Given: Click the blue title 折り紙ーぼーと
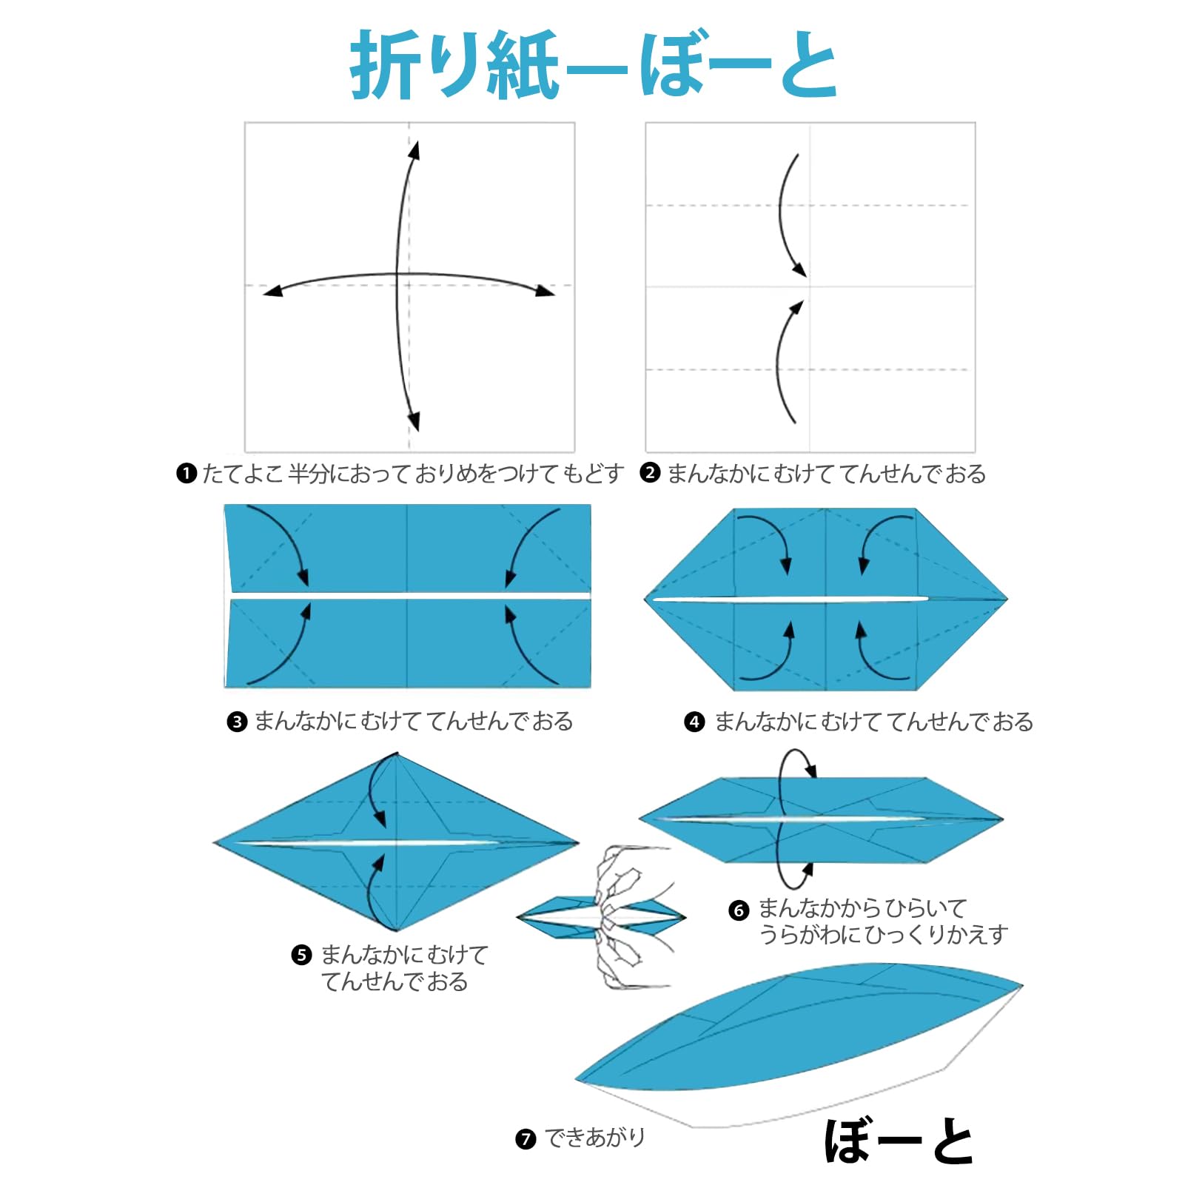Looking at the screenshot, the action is [x=594, y=65].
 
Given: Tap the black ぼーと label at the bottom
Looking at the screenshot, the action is [x=899, y=1141].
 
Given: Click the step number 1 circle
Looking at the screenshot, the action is [x=187, y=473].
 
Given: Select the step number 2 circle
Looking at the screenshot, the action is [x=650, y=473].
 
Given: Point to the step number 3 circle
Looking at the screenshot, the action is [x=237, y=722].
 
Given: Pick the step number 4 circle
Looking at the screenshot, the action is [x=694, y=722].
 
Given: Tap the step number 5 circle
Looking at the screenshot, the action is [x=301, y=955].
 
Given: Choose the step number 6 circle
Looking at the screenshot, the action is [x=739, y=910].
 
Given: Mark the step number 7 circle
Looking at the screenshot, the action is [x=526, y=1138].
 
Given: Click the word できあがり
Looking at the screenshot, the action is [x=595, y=1138].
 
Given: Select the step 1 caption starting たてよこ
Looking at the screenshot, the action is [x=412, y=473].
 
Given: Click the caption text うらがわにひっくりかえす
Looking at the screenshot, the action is [x=884, y=935].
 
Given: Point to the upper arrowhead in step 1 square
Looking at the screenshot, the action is [x=414, y=150].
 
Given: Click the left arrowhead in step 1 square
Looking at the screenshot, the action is [x=272, y=292].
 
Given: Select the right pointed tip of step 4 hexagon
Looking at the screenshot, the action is [x=1007, y=599].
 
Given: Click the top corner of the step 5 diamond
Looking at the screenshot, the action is [x=397, y=753].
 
